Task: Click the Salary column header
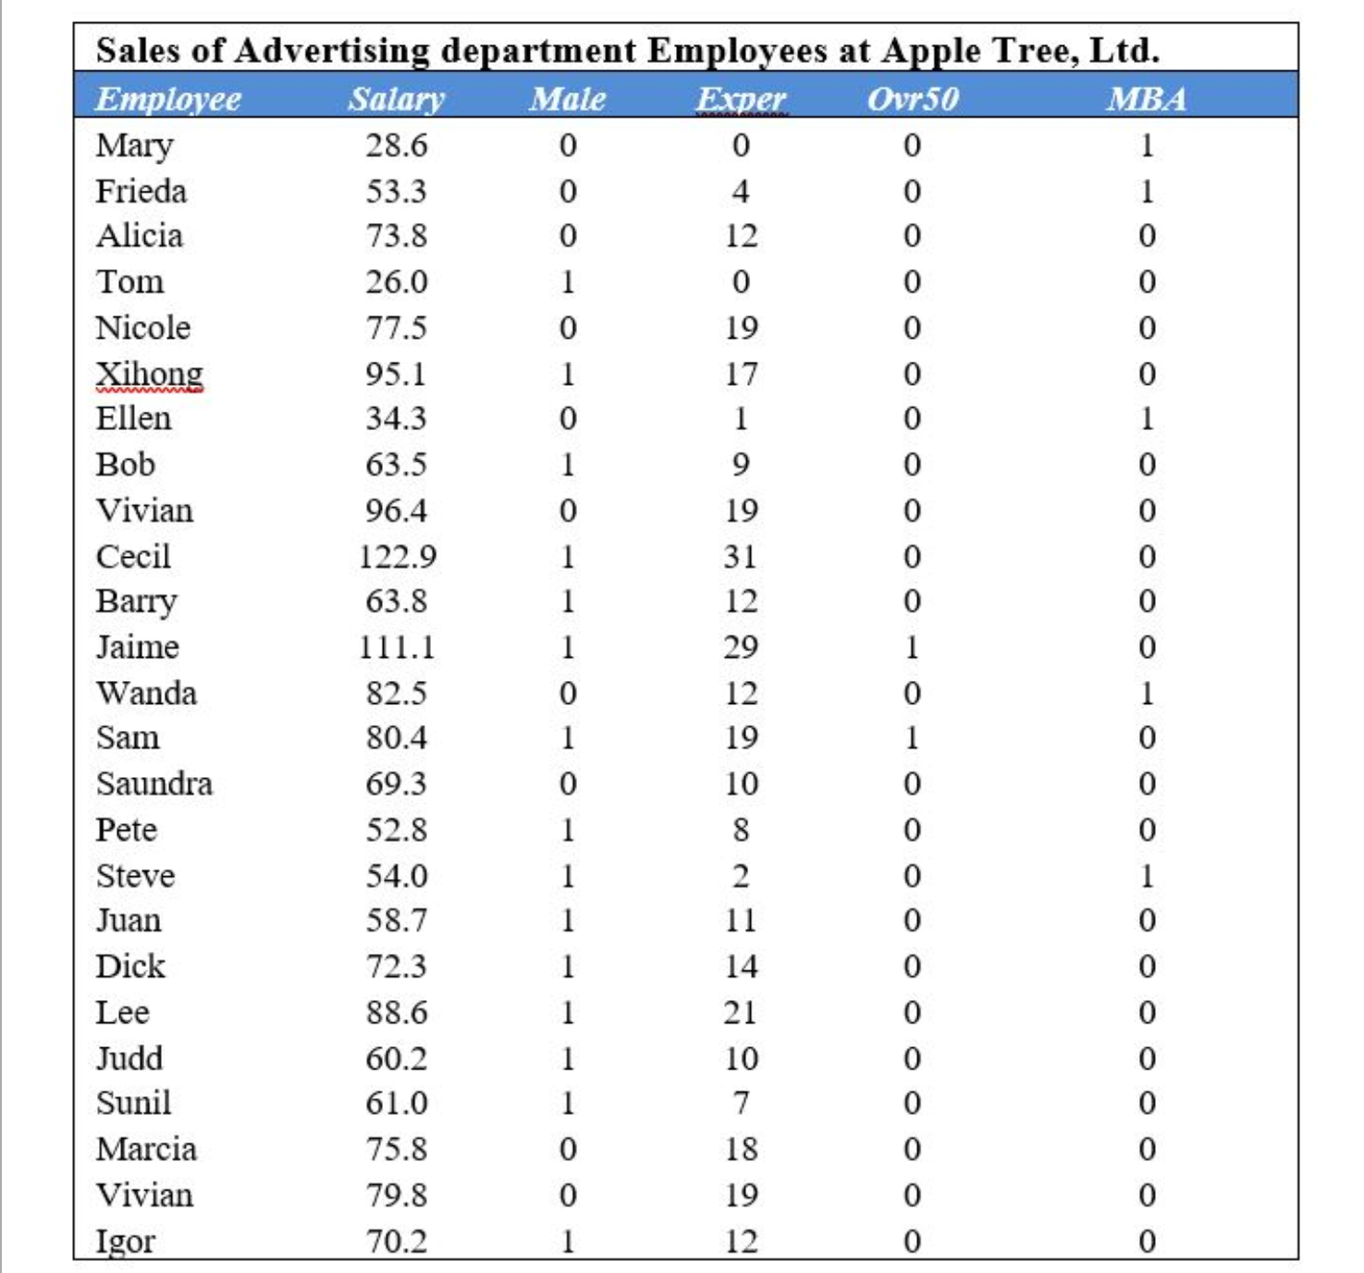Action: point(396,99)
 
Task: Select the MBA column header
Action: point(1146,99)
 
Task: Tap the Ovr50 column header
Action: point(912,99)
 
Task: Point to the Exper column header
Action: point(741,99)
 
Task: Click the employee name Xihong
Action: point(149,374)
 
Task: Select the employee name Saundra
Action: point(154,784)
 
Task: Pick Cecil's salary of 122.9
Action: point(397,556)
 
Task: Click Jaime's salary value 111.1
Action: point(397,647)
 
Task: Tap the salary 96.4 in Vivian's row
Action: point(396,511)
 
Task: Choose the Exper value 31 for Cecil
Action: point(741,556)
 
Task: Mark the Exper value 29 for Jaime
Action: point(741,647)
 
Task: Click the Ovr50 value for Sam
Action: point(912,737)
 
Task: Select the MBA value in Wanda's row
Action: point(1147,693)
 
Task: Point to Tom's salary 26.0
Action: point(396,282)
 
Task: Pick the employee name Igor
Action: point(125,1241)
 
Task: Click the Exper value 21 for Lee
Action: point(741,1012)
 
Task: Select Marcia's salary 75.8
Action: point(396,1149)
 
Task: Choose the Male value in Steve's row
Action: point(568,875)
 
